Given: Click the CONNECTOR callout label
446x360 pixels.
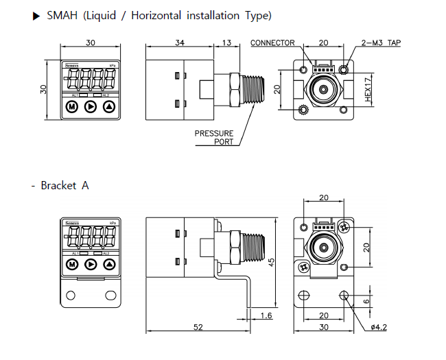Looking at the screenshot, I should point(272,43).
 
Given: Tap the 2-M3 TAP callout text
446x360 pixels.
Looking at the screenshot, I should point(381,43).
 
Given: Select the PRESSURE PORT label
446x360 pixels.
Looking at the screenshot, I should point(214,137).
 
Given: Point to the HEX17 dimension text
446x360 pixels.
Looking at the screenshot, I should point(368,90).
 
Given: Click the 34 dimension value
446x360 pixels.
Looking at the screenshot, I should point(180,43).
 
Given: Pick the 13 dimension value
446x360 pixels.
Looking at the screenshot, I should point(226,43).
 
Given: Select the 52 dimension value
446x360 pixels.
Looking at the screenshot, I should point(198,327).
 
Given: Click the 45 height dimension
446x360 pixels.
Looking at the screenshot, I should point(271,263).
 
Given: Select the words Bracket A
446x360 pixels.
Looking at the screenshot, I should point(64,185).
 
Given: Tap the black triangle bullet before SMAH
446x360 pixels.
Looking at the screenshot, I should point(37,15).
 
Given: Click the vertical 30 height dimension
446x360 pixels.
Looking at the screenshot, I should point(45,89).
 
